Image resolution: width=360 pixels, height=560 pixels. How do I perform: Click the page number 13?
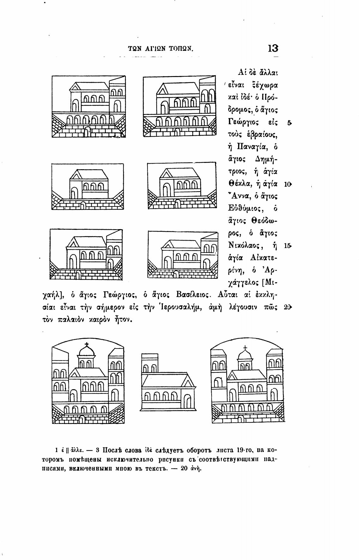point(273,48)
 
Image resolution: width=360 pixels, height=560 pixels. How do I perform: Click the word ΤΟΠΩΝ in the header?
point(181,49)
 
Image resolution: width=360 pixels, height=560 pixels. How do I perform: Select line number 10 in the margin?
point(288,184)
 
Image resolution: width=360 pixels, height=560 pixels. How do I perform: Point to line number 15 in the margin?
point(288,245)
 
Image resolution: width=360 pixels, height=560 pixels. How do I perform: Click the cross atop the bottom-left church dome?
point(87,344)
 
